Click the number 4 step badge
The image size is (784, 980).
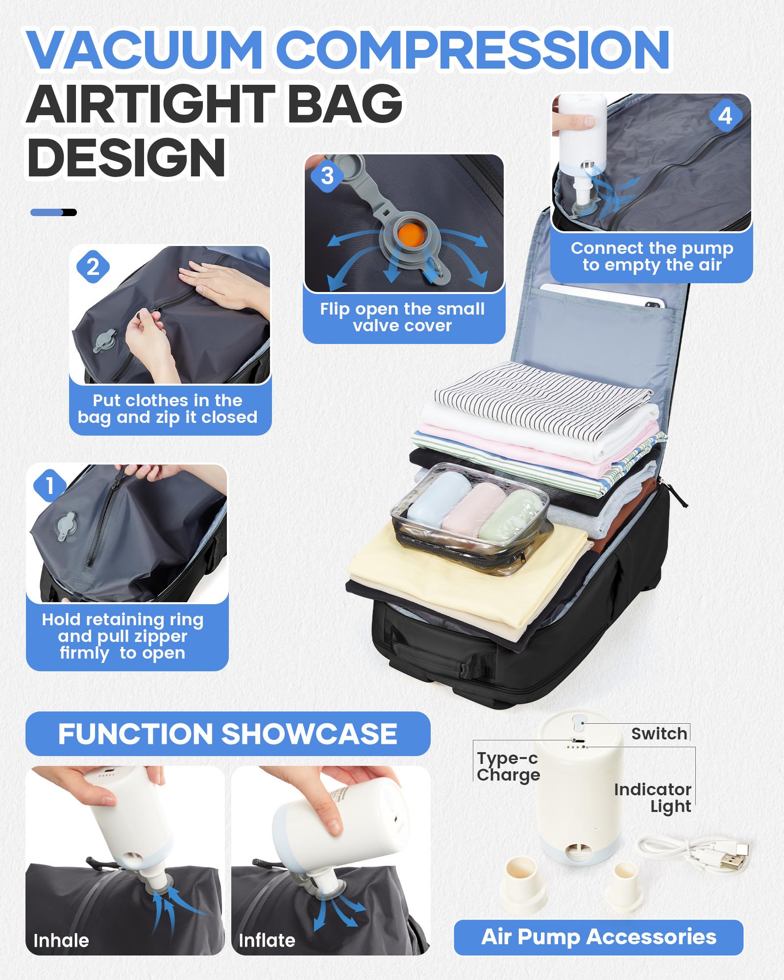point(725,117)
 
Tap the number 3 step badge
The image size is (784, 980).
point(327,176)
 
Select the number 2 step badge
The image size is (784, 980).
point(93,268)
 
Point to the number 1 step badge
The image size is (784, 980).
point(49,486)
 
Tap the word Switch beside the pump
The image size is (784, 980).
point(659,734)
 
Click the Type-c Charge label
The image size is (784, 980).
point(508,767)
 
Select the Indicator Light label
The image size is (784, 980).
point(653,798)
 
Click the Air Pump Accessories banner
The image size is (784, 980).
point(598,937)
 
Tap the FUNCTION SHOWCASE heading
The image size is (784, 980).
point(227,734)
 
